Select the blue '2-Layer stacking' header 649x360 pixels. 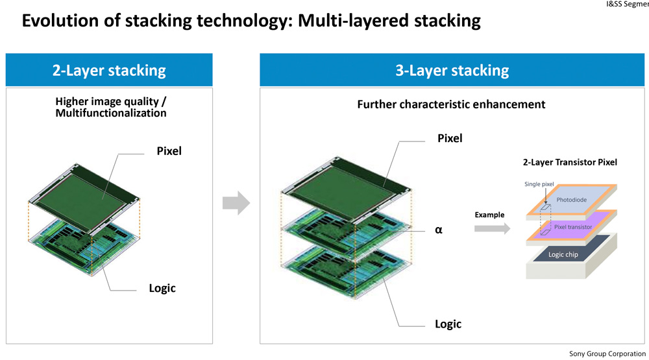109,70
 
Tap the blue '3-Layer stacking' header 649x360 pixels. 452,70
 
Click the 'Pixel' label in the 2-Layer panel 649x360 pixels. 169,151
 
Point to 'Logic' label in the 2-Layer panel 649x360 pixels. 162,288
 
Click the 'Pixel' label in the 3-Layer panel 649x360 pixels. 450,138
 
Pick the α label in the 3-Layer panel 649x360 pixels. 439,229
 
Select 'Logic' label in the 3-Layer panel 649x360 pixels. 448,323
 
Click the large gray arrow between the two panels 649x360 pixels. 236,203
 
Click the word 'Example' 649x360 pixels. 489,214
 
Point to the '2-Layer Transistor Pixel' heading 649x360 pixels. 570,162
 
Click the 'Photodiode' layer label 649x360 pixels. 571,200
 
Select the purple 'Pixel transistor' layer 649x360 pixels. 573,227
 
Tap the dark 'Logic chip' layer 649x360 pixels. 563,254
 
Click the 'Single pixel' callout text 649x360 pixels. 539,184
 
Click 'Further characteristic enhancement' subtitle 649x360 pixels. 451,104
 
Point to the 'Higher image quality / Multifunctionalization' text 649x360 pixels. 110,107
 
